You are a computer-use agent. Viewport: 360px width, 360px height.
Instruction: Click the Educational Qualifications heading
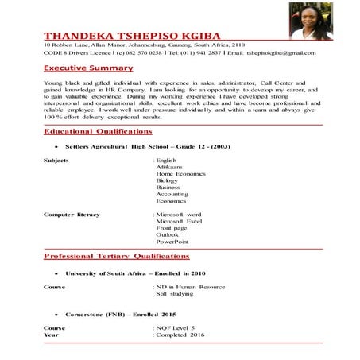[97, 130]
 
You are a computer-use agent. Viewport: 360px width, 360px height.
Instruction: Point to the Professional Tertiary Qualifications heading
[116, 257]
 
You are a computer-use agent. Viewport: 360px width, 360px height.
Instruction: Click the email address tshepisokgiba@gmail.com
[275, 52]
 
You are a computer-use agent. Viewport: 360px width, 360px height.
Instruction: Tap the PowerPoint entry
[172, 242]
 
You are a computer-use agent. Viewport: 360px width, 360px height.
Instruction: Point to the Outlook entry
[168, 234]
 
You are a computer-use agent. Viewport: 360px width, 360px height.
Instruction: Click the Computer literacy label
[72, 215]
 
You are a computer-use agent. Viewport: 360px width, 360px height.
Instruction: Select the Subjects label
[56, 160]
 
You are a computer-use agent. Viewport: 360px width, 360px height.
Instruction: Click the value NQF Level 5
[176, 327]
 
